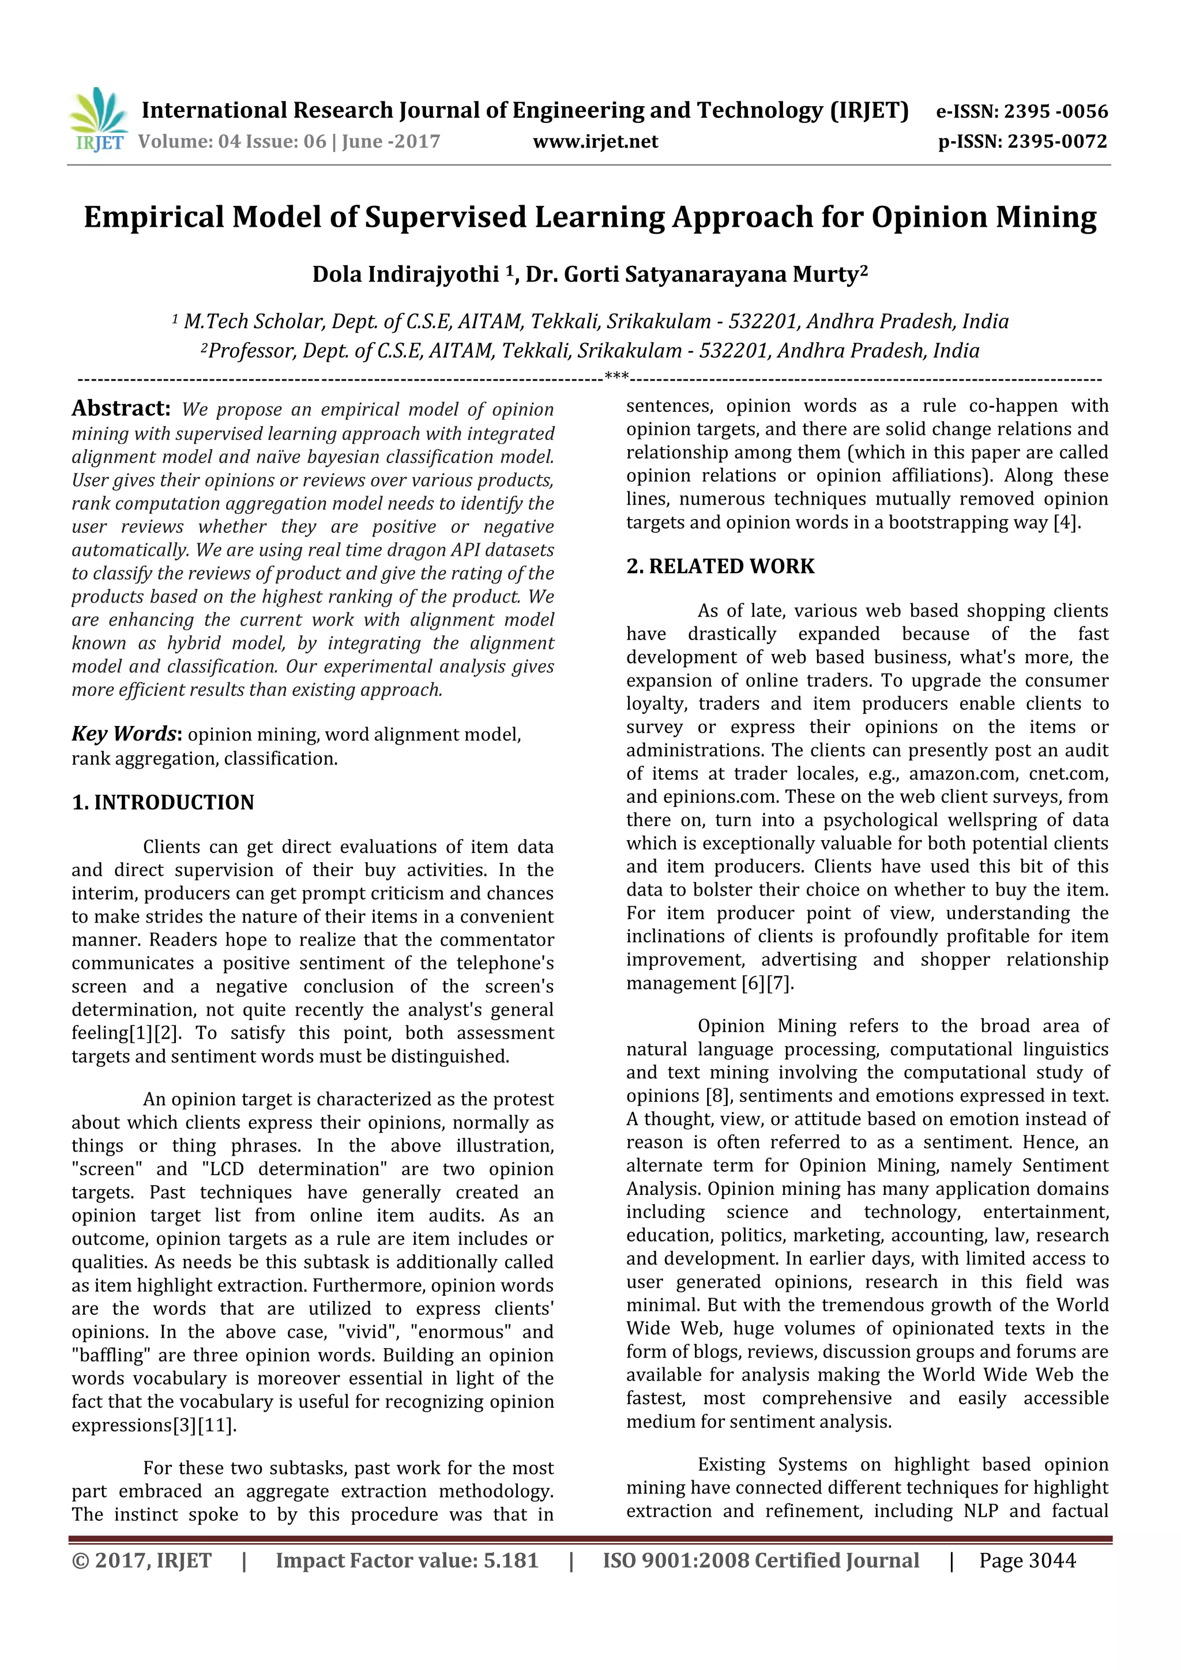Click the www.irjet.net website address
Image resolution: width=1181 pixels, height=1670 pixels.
click(595, 142)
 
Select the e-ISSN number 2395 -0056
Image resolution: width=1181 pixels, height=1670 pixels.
click(1055, 111)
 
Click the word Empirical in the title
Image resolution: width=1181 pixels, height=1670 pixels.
click(153, 217)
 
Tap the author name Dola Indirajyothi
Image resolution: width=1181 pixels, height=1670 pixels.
click(405, 274)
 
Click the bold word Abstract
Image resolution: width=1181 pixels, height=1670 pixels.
click(121, 408)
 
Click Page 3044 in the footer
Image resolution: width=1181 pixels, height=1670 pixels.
click(1027, 1560)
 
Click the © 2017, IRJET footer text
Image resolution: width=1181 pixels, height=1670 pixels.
click(142, 1560)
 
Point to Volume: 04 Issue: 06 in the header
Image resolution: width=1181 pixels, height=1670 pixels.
click(231, 142)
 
